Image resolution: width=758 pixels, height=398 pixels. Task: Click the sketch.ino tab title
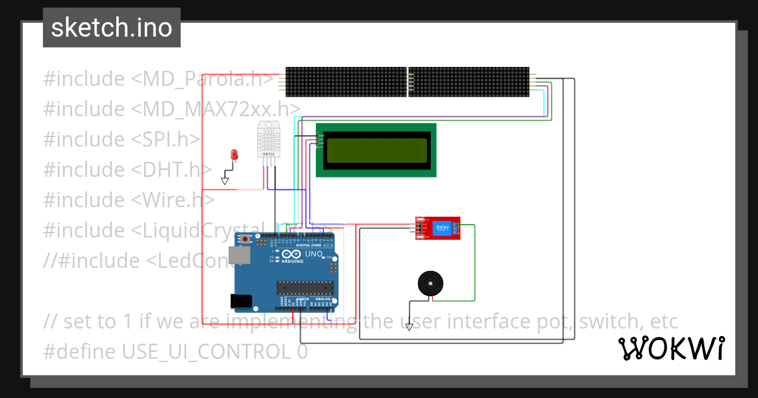coord(111,28)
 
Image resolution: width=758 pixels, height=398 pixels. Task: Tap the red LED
coord(234,155)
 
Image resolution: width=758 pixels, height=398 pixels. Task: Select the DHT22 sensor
coord(268,140)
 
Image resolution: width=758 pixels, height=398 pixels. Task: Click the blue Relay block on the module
coord(443,228)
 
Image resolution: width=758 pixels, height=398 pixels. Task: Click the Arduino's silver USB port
coord(239,255)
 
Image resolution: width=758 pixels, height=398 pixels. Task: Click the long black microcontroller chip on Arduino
coord(304,288)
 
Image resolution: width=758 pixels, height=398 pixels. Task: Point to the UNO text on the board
coord(314,254)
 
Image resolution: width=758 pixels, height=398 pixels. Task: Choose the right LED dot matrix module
coord(469,82)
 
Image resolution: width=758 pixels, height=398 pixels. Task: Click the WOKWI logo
coord(671,348)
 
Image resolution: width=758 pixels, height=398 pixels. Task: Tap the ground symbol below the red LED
coord(225,181)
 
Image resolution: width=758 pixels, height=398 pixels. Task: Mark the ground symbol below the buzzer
coord(409,327)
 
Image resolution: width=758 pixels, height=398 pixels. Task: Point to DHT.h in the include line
coord(170,170)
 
